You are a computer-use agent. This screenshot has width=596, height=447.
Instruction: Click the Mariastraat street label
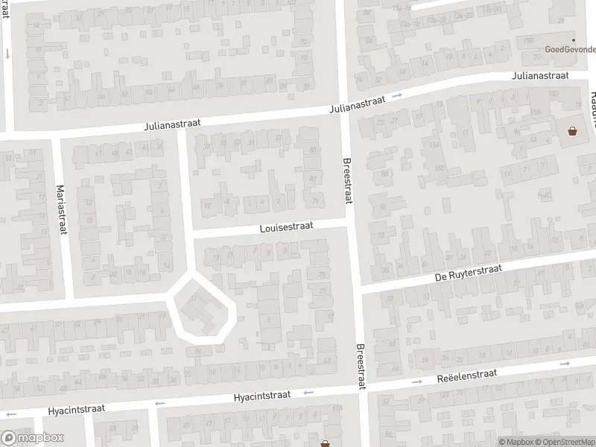click(x=62, y=209)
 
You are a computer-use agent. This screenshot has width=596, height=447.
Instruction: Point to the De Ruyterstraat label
click(x=469, y=273)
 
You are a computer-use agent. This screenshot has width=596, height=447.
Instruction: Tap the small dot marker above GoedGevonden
click(x=573, y=40)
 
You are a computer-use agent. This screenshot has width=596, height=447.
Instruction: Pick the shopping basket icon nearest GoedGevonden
click(x=573, y=132)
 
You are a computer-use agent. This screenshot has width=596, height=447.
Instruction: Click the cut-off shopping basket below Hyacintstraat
click(x=326, y=443)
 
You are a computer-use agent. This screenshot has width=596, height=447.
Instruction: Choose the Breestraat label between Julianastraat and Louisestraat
click(x=346, y=180)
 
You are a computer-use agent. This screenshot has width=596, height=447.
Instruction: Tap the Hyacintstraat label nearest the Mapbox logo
click(x=77, y=408)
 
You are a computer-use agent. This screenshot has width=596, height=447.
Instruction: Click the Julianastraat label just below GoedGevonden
click(x=540, y=76)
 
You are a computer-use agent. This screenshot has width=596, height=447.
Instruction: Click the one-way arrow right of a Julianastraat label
click(x=398, y=95)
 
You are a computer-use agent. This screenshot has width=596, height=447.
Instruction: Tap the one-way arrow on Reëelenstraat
click(x=564, y=364)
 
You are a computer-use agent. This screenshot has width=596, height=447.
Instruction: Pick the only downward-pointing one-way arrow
click(x=7, y=54)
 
